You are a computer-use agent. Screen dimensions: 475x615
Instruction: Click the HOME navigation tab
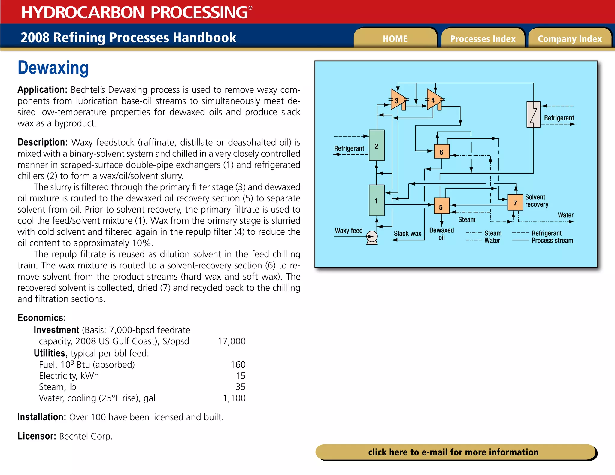[395, 39]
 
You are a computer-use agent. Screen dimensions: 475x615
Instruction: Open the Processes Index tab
[483, 39]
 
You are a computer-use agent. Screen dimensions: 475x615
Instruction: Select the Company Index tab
[570, 39]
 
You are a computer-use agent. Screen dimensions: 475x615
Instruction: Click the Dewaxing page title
[53, 68]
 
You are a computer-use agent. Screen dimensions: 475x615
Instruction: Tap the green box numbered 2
[377, 146]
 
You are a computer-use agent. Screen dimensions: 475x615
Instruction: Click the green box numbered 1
[377, 200]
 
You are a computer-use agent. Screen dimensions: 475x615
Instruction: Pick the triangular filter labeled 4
[433, 100]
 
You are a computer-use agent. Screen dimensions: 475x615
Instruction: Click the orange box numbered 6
[441, 152]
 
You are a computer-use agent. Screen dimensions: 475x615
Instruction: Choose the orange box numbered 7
[515, 203]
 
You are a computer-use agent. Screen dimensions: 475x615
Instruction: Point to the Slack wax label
[407, 234]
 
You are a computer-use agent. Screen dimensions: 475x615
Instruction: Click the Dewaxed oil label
[441, 234]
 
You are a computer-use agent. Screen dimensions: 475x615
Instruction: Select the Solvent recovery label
[537, 201]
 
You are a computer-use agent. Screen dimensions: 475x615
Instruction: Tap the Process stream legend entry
[552, 241]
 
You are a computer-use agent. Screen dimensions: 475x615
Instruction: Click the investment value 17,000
[232, 341]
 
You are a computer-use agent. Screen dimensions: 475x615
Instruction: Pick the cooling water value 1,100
[234, 398]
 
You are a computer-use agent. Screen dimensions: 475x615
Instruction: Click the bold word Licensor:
[37, 436]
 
